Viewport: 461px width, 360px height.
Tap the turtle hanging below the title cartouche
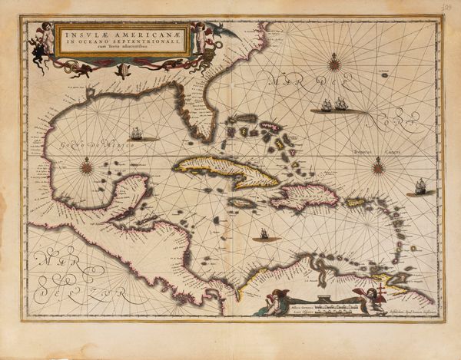[122, 71]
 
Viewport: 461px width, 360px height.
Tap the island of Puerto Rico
[355, 203]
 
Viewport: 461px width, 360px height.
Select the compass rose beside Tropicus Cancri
[378, 165]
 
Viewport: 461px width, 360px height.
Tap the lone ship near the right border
[420, 186]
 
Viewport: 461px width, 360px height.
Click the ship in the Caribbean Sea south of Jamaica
[264, 234]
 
